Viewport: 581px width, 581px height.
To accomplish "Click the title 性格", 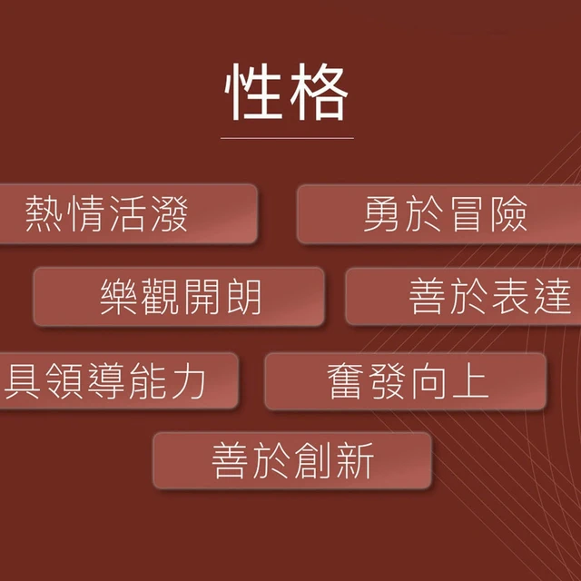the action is (287, 92).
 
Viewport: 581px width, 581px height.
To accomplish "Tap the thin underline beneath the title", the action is (287, 138).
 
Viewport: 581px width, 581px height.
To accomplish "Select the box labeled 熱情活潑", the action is (128, 214).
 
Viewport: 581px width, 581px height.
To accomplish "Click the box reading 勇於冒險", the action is (439, 214).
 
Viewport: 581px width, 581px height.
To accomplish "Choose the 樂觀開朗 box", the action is (179, 297).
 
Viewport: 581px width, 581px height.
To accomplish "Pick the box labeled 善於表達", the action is (463, 297).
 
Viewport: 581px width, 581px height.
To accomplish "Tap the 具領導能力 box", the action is (119, 381).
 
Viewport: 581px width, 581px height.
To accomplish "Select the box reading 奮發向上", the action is (406, 381).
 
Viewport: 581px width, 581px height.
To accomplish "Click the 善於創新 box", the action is (292, 460).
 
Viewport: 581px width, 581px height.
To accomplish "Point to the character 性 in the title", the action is (253, 92).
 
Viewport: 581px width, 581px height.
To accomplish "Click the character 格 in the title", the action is (319, 92).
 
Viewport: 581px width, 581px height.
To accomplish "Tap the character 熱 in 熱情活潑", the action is (44, 214).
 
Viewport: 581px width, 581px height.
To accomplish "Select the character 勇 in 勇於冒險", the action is (381, 214).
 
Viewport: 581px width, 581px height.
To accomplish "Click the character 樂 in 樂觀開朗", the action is (118, 297).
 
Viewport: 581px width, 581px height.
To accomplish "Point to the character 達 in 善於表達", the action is (553, 297).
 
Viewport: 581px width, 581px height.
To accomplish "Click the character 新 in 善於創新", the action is (355, 460).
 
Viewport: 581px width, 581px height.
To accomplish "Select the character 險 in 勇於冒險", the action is (509, 214).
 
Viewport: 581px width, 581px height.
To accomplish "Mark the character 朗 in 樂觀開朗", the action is (244, 297).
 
